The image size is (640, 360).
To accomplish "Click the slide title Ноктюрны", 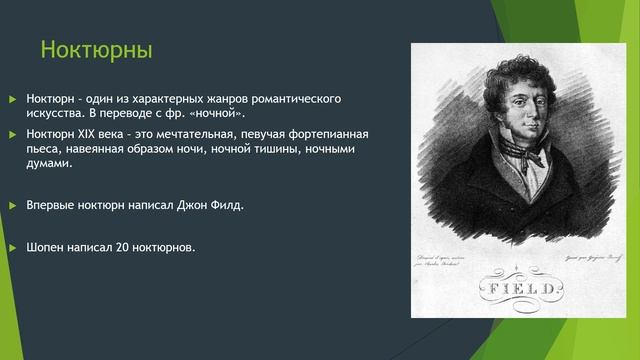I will pos(95,49).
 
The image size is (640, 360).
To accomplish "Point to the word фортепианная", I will pos(325,134).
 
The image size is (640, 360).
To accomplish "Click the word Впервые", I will pos(52,205).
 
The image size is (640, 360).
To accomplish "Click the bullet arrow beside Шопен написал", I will pos(13,246).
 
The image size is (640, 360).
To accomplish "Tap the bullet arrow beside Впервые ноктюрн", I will pos(13,205).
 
